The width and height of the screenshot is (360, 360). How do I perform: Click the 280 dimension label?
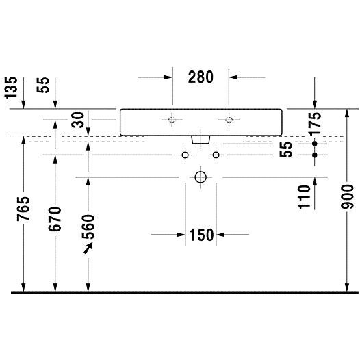[201, 77]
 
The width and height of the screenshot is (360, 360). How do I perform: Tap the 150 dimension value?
[201, 235]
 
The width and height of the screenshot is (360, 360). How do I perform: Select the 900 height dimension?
[347, 197]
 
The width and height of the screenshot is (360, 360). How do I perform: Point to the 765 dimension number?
[23, 208]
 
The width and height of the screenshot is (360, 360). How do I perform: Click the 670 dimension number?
[55, 219]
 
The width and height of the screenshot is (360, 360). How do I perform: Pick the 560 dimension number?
[88, 227]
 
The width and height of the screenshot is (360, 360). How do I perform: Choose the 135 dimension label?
[11, 88]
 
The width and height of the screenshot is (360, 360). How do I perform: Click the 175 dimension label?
[315, 123]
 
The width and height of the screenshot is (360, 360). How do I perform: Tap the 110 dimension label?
[304, 197]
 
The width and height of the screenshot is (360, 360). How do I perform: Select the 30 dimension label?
[78, 120]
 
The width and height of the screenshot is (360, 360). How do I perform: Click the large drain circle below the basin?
[201, 177]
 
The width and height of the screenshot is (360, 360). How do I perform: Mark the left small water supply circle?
[185, 155]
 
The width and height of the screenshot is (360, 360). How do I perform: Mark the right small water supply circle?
[216, 155]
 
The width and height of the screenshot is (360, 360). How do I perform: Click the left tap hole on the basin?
[172, 120]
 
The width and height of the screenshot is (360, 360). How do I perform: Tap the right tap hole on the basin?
[229, 120]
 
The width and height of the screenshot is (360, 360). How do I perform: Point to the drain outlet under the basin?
[201, 140]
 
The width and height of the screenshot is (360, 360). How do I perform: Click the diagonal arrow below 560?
[88, 248]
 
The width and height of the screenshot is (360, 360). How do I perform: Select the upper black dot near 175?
[315, 144]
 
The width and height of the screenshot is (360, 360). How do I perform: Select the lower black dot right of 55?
[315, 155]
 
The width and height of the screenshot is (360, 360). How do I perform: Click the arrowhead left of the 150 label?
[181, 235]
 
